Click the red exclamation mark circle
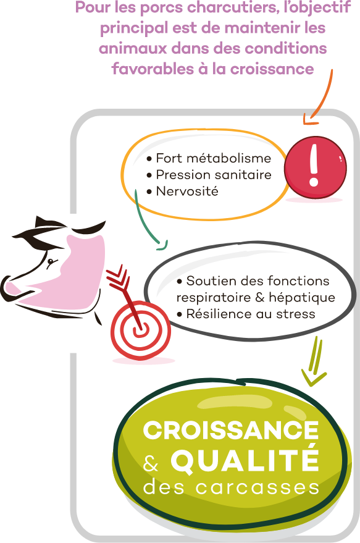315,167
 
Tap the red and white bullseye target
141,330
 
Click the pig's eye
51,261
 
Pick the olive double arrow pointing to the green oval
314,362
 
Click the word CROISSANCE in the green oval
231,431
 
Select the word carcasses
257,487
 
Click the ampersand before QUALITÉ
151,463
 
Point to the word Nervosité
187,191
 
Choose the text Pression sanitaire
214,175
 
